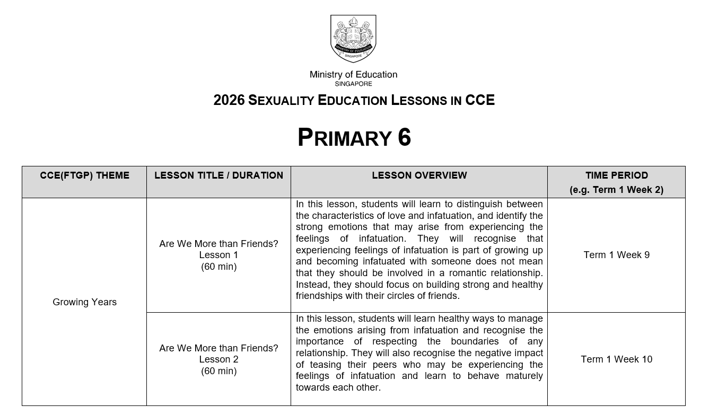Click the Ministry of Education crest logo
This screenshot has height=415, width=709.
tap(353, 38)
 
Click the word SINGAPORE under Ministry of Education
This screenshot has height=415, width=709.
tap(353, 84)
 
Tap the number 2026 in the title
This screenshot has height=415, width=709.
tap(229, 100)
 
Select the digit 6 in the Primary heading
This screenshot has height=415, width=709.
tap(404, 138)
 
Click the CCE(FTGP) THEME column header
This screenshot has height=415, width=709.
tap(84, 175)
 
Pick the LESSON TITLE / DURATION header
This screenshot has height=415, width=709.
tap(218, 175)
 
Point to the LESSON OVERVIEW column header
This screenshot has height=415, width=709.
tap(419, 175)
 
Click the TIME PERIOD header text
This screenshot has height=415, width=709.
tap(616, 175)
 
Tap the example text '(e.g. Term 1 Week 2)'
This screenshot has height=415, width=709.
tap(616, 190)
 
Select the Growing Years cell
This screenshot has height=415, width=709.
tap(84, 302)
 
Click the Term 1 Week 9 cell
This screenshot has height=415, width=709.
tap(616, 255)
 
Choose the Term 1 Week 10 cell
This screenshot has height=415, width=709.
tap(616, 359)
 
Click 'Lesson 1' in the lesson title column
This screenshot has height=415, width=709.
tap(218, 255)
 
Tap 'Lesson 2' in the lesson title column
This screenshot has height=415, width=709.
tap(218, 359)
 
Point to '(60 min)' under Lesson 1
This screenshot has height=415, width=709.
tap(218, 267)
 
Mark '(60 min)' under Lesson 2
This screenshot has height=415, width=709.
tap(218, 371)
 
